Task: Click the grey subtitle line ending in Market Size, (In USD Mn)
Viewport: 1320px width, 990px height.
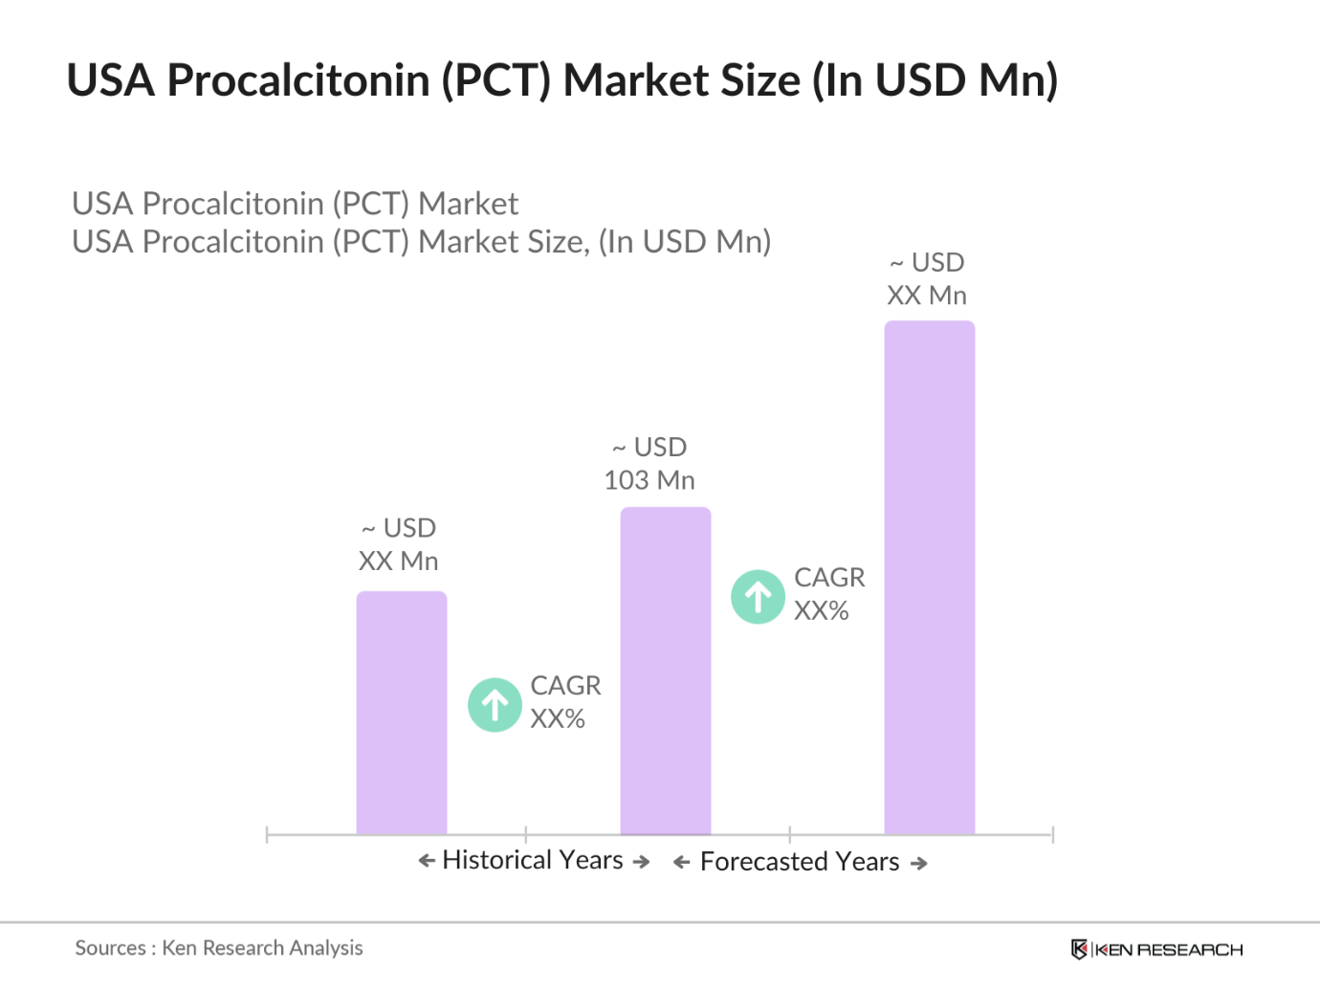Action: tap(421, 242)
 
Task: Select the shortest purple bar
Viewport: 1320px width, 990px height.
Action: tap(402, 713)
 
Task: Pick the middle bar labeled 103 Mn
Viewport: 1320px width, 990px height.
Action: tap(666, 670)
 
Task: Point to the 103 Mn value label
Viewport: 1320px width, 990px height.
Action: tap(649, 480)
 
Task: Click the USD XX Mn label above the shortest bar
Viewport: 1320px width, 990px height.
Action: tap(399, 544)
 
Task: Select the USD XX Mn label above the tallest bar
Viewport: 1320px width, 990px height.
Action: tap(927, 278)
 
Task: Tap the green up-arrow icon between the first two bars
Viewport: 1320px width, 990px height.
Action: tap(495, 705)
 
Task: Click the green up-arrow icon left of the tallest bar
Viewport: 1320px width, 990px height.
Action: tap(759, 597)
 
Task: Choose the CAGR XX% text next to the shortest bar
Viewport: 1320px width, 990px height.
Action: tap(565, 702)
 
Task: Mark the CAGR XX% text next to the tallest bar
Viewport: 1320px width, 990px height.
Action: tap(829, 594)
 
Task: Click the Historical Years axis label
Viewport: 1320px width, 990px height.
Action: tap(533, 861)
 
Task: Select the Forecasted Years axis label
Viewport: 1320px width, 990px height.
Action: tap(800, 863)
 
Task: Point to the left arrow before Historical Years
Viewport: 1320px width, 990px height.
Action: tap(427, 861)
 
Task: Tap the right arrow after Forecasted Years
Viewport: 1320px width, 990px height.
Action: tap(919, 864)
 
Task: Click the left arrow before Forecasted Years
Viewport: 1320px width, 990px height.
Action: tap(682, 863)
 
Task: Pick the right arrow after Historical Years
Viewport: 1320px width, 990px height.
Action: tap(642, 862)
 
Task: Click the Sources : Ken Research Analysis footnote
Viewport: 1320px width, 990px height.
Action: tap(219, 948)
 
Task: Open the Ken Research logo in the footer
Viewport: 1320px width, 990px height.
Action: tap(1157, 949)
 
